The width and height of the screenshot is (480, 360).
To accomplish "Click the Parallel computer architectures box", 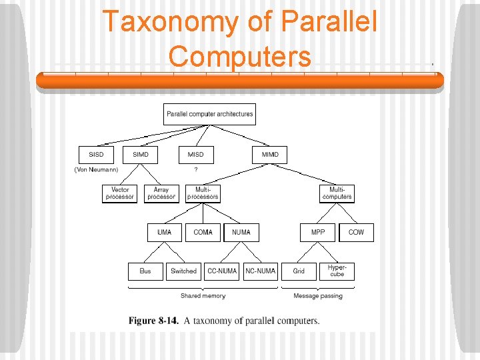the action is pyautogui.click(x=209, y=114).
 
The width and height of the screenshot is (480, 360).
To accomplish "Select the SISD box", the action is pyautogui.click(x=96, y=155).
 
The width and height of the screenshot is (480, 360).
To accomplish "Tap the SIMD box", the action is pyautogui.click(x=141, y=155).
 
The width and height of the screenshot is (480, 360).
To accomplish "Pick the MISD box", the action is pyautogui.click(x=196, y=155).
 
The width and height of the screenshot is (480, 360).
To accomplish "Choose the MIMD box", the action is pyautogui.click(x=270, y=155).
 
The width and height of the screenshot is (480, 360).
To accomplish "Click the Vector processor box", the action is pyautogui.click(x=120, y=193).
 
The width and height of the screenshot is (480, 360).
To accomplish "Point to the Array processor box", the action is pyautogui.click(x=161, y=193).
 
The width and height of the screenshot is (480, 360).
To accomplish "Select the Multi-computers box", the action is pyautogui.click(x=337, y=193).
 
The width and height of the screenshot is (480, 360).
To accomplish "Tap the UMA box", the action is pyautogui.click(x=164, y=232).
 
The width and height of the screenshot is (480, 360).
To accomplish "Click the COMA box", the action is pyautogui.click(x=203, y=232).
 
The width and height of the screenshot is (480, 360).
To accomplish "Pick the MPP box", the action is pyautogui.click(x=318, y=232).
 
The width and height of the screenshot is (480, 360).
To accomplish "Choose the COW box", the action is pyautogui.click(x=357, y=232).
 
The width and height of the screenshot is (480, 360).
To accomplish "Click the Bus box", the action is pyautogui.click(x=145, y=271).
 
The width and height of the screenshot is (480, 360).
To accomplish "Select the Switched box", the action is pyautogui.click(x=183, y=271).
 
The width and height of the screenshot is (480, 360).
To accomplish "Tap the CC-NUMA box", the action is pyautogui.click(x=222, y=271).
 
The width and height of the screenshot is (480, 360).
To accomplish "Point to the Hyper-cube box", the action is pyautogui.click(x=337, y=271).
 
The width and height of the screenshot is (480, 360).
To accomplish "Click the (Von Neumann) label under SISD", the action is pyautogui.click(x=96, y=170).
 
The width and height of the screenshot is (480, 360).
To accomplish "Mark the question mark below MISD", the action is pyautogui.click(x=195, y=170).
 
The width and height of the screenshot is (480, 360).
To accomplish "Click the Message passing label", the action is pyautogui.click(x=318, y=296).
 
